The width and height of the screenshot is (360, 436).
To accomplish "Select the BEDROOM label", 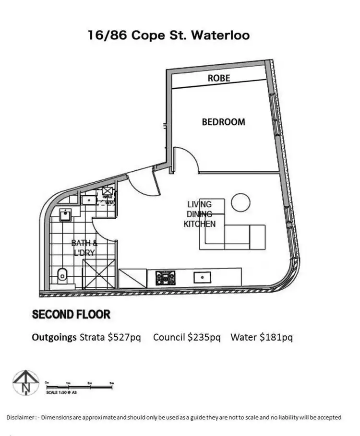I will click(223, 122).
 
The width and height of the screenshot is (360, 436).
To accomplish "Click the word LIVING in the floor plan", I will click(199, 205).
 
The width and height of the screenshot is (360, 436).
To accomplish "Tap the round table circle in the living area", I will click(240, 202).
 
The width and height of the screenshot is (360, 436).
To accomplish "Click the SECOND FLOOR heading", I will click(71, 315).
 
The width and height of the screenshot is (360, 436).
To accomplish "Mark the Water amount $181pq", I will click(276, 337).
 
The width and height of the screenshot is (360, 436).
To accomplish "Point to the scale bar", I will click(79, 383).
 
